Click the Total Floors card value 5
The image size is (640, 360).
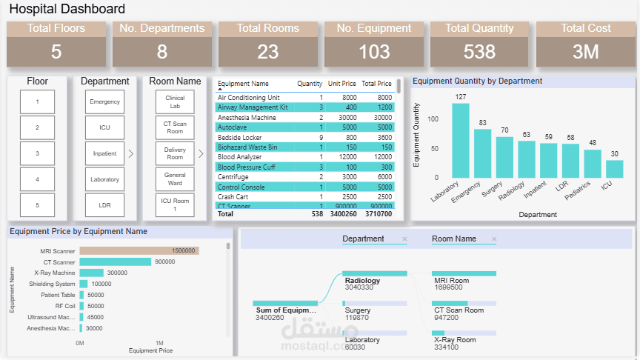[56, 52]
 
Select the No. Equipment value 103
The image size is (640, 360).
[374, 52]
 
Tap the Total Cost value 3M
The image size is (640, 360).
[586, 52]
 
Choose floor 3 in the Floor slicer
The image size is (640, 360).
[37, 153]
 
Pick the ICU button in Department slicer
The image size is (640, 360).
[104, 127]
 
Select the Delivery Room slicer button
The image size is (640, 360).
[175, 153]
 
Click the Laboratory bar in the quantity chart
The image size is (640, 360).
[461, 140]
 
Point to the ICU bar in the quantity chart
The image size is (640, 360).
[614, 169]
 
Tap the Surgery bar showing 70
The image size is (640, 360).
[505, 157]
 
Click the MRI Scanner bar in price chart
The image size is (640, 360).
[139, 251]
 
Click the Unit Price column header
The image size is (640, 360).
[342, 84]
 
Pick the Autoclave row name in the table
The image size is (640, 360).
[233, 127]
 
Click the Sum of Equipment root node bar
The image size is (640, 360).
[285, 303]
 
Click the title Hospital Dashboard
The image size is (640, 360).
[67, 10]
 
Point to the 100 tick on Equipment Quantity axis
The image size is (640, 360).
[433, 119]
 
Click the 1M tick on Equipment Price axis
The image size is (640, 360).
[159, 343]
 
